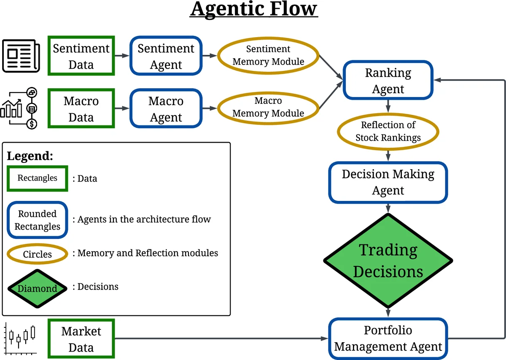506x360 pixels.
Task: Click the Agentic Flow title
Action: pos(253,9)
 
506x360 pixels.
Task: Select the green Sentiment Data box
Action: pos(81,56)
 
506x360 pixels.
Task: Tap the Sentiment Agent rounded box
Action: pos(166,56)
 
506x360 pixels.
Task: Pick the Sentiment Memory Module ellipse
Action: pos(268,55)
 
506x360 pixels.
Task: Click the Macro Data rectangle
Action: pos(81,108)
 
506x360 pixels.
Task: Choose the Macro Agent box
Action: pos(166,108)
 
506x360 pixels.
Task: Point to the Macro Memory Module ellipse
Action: pos(268,107)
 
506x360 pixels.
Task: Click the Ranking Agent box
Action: pos(388,81)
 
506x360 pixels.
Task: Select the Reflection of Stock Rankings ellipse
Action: pos(388,131)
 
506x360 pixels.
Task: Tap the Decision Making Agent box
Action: pos(388,182)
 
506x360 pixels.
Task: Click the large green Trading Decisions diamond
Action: pos(388,260)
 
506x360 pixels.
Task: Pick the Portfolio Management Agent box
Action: pos(388,338)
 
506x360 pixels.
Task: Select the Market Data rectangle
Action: pos(81,339)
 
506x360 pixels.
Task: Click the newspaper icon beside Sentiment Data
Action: pos(21,56)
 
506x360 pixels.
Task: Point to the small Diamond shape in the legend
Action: pos(37,289)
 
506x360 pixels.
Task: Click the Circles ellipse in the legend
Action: pos(37,254)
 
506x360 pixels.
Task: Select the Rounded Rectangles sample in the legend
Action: pos(37,220)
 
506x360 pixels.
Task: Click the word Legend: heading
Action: pos(30,156)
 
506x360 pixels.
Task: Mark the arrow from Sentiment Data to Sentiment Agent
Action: pos(122,56)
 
